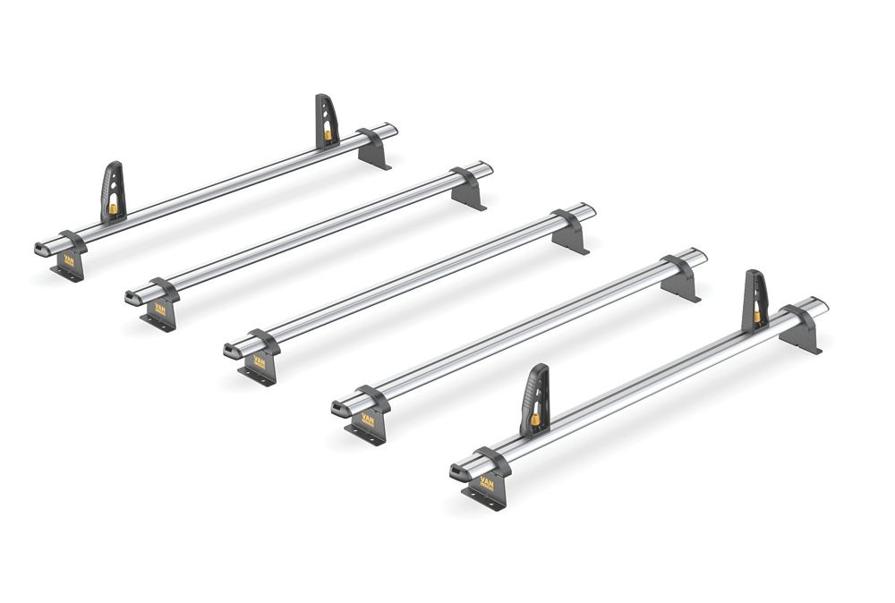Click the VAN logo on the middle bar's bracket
coord(260,362)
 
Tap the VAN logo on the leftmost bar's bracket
coord(68,261)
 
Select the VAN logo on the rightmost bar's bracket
coord(487,484)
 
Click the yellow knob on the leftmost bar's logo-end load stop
coord(114,209)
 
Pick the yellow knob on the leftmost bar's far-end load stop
coord(328,135)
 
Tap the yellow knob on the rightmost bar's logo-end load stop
coord(535,419)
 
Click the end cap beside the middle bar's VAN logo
coord(232,350)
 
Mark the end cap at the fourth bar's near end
coord(340,410)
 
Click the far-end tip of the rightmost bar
coord(821,303)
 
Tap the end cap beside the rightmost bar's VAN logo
coord(458,471)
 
